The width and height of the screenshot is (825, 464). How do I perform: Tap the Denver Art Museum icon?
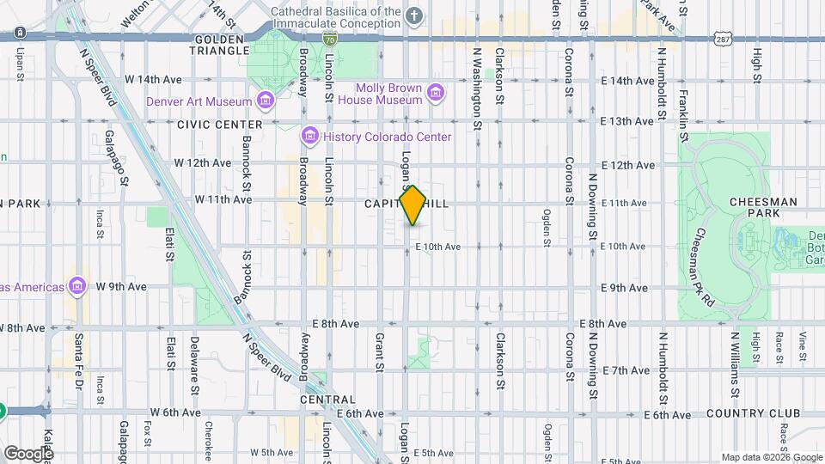[x=266, y=101]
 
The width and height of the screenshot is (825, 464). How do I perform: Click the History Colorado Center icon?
[x=309, y=136]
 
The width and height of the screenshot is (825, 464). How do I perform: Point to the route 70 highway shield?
[x=330, y=39]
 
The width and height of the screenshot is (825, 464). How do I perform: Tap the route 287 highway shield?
[x=721, y=39]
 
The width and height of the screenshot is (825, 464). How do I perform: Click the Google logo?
[x=27, y=453]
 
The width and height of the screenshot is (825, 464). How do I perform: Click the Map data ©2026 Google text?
[x=771, y=457]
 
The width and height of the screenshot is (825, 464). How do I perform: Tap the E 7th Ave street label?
[x=626, y=370]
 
